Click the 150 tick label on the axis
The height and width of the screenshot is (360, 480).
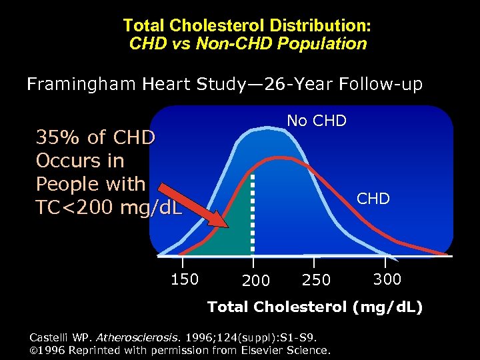184,279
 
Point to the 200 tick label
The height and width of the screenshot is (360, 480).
256,281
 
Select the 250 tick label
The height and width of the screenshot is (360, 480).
316,281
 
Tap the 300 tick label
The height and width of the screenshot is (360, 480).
387,279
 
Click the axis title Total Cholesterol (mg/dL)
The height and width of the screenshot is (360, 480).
315,307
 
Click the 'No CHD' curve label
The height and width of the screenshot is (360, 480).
317,121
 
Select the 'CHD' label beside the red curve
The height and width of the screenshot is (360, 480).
373,199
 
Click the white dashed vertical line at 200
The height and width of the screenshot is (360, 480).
252,213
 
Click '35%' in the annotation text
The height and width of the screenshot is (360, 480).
58,137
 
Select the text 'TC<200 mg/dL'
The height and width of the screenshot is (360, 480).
108,207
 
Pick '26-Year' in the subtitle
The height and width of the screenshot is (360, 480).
299,85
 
